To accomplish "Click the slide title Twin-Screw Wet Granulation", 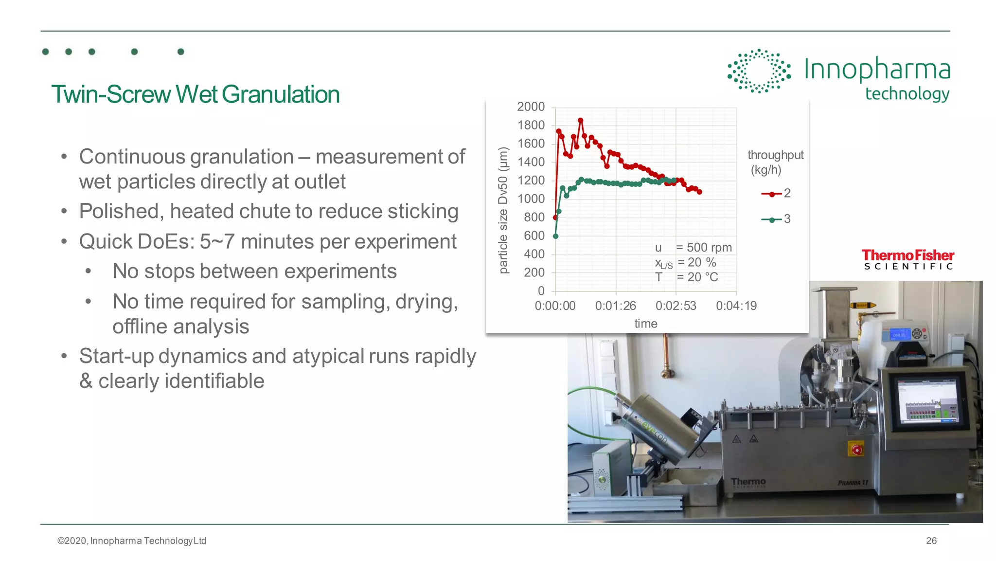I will pos(195,94).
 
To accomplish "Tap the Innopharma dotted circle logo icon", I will pos(758,71).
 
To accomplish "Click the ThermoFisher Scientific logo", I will pos(907,259).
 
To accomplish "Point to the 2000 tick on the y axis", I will pos(531,107).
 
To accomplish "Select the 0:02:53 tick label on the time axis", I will pos(676,306).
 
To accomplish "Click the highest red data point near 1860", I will pos(580,120).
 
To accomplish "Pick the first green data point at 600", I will pos(555,236).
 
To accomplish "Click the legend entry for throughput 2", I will pos(776,194).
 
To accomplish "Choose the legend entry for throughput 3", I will pos(776,219).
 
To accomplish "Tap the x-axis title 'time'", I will pos(645,324).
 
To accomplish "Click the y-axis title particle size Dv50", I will pos(503,210).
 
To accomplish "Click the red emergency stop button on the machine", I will pos(856,450).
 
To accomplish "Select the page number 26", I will pos(931,541).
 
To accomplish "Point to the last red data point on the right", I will pos(699,192).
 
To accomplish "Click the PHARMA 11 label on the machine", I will pos(853,483).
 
